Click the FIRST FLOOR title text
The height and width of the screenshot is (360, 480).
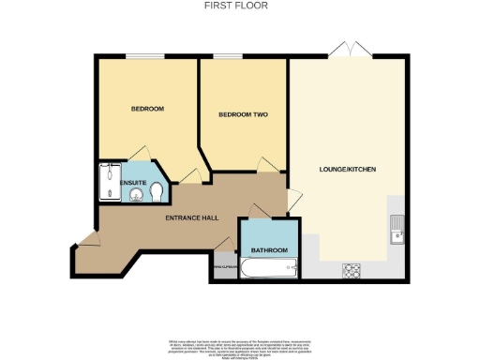click(239, 5)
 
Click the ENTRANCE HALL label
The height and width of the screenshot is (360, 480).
click(191, 217)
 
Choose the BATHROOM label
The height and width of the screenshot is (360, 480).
click(268, 250)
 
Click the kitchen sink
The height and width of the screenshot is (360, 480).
click(397, 227)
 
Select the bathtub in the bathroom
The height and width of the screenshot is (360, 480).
click(269, 270)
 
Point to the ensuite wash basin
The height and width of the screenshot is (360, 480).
click(136, 195)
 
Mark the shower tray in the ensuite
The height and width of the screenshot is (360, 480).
click(106, 182)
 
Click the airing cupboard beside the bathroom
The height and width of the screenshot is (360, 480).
click(223, 266)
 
